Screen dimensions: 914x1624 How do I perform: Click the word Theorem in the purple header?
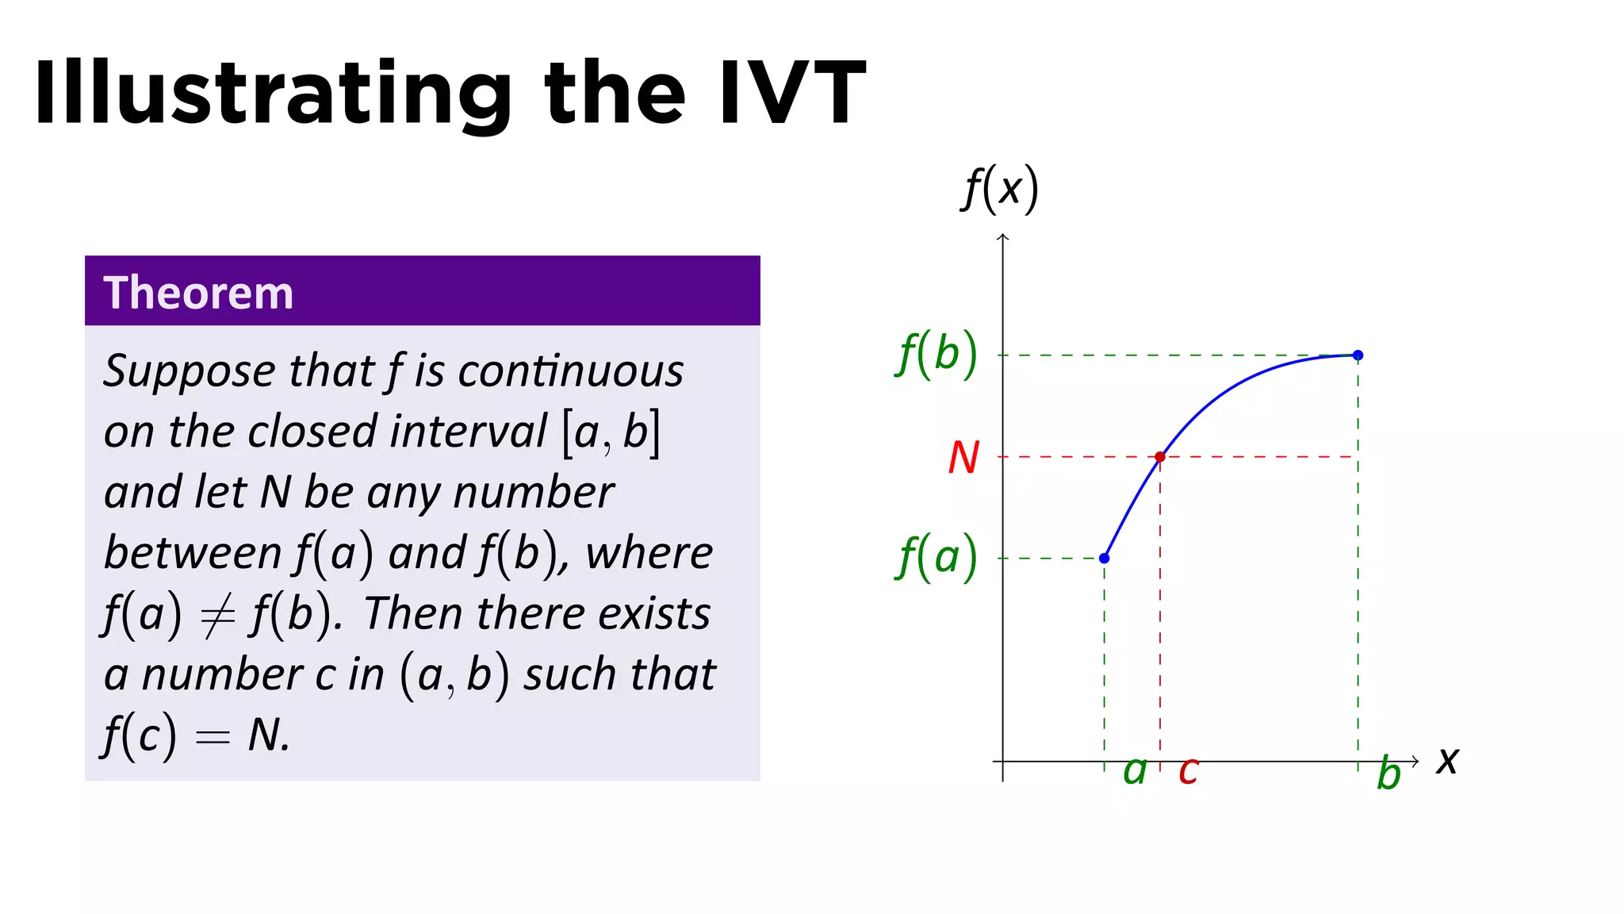tap(198, 293)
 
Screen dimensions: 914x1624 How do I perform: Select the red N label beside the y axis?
tap(963, 458)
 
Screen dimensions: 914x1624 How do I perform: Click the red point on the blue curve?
tap(1160, 457)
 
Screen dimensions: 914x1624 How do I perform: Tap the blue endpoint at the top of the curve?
tap(1358, 355)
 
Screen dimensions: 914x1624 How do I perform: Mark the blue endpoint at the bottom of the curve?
tap(1104, 559)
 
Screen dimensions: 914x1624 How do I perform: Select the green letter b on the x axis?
tap(1388, 773)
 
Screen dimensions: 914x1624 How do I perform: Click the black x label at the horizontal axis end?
tap(1447, 761)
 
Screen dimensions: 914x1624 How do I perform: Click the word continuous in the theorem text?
tap(570, 371)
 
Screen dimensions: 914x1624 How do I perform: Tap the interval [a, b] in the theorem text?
tap(611, 432)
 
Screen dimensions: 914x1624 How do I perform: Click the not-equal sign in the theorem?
tap(217, 616)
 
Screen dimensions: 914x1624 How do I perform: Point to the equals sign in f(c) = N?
tap(213, 737)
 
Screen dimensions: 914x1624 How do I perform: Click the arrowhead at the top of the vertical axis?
tap(1003, 237)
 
